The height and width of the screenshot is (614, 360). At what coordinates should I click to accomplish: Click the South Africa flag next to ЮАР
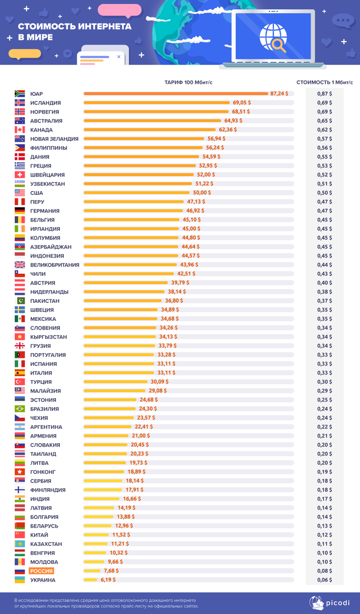click(20, 94)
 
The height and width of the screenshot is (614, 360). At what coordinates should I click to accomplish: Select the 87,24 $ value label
click(279, 94)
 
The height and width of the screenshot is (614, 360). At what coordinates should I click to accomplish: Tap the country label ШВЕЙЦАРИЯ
click(47, 174)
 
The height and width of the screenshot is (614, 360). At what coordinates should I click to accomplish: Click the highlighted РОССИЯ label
click(41, 571)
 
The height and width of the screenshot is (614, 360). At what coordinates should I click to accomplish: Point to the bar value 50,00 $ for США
click(201, 193)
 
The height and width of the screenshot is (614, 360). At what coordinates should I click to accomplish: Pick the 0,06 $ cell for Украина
click(324, 580)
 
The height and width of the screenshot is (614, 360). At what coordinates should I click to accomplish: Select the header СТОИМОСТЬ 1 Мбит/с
click(324, 82)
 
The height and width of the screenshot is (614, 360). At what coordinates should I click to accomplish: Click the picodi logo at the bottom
click(332, 602)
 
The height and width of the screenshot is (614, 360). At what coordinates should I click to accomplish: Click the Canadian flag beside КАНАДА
click(20, 130)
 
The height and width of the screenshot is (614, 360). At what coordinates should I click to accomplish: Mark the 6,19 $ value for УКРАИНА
click(107, 580)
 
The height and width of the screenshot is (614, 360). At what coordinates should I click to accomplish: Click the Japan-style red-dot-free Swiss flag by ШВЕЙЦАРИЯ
click(20, 174)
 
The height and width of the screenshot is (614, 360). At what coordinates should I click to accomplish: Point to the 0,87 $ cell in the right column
click(324, 94)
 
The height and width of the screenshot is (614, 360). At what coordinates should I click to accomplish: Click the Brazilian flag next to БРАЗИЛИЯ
click(20, 409)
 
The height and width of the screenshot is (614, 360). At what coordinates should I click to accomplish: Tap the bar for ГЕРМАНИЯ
click(133, 211)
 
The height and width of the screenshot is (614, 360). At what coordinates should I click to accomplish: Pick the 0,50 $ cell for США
click(324, 193)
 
